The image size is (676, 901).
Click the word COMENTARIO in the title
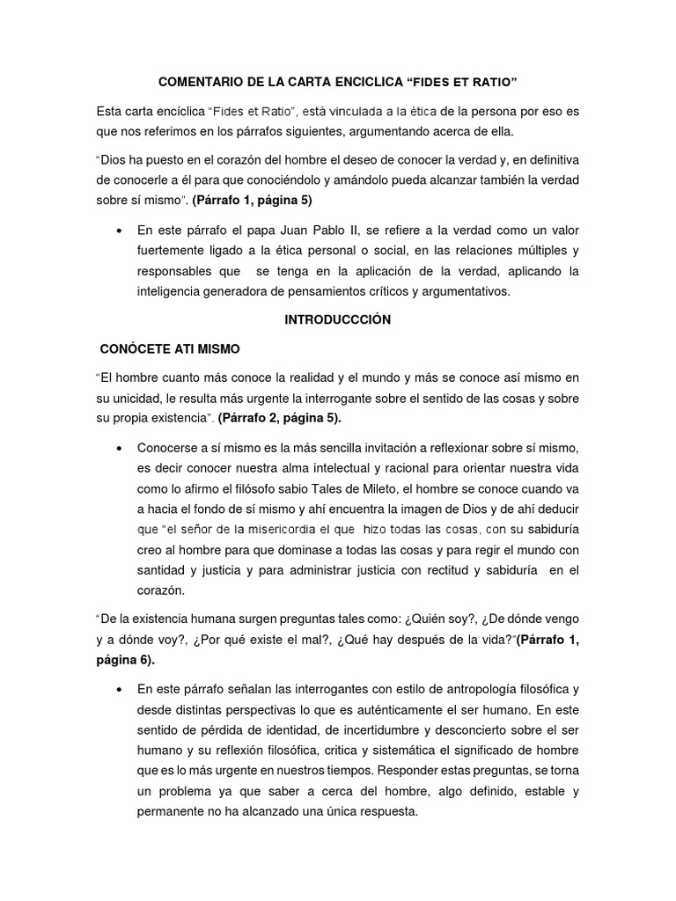(x=199, y=82)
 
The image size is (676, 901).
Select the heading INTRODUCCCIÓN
(x=337, y=320)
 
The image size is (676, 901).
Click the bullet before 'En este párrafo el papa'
(x=118, y=231)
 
